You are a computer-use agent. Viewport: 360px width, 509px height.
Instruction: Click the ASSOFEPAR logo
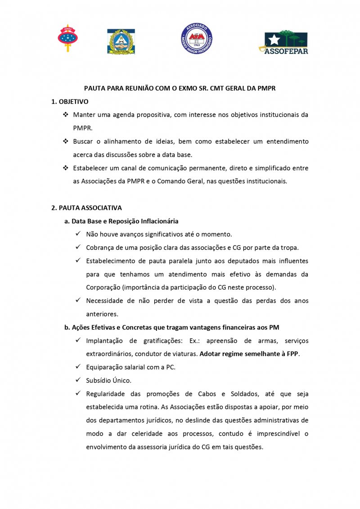[283, 42]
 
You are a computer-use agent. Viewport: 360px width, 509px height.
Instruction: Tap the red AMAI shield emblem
[67, 38]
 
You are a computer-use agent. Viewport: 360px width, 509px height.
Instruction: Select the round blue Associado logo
[197, 39]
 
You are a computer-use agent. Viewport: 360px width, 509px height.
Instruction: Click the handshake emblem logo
[121, 42]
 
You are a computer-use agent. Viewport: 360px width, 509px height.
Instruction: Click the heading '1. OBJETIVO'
[70, 102]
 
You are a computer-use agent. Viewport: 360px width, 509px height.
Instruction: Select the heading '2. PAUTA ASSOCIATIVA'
[86, 208]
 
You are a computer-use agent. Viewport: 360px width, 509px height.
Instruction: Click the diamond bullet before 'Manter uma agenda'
[65, 115]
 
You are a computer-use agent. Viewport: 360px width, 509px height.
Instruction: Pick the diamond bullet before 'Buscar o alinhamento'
[65, 141]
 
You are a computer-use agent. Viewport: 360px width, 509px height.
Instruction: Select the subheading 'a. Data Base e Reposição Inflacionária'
[121, 221]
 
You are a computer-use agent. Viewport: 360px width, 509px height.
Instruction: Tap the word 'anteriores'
[101, 314]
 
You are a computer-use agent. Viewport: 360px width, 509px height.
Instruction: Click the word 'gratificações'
[152, 341]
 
